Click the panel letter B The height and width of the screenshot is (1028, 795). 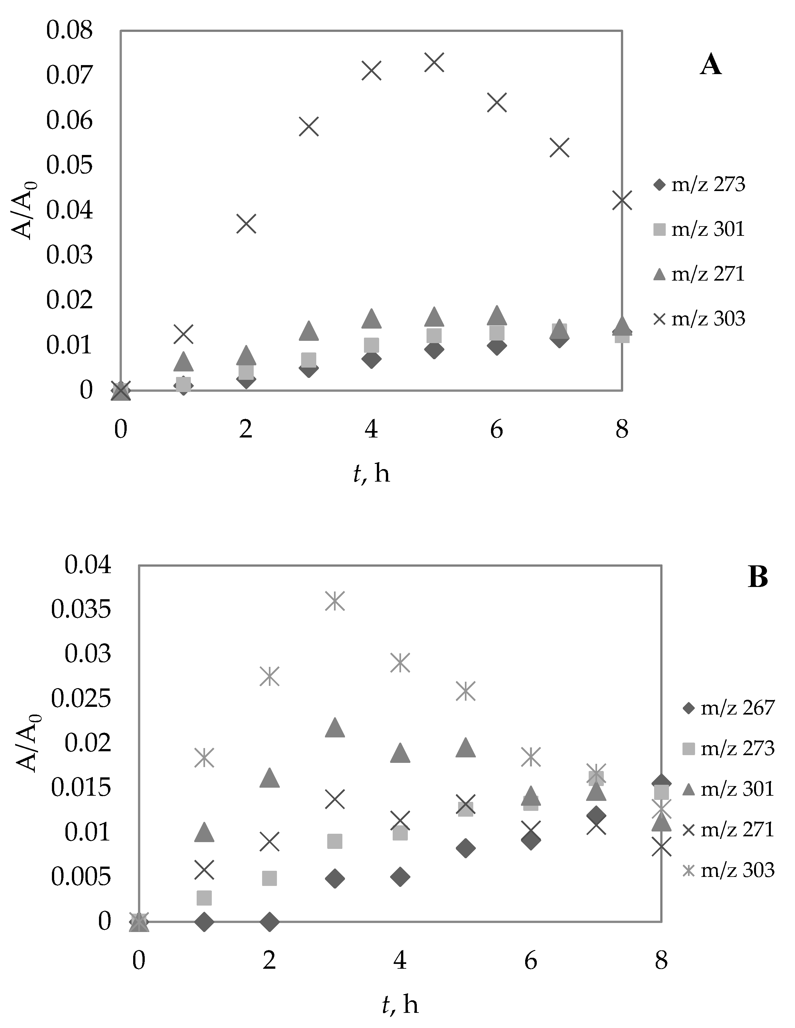coord(758,577)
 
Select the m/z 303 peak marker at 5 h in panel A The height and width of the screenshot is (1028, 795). coord(434,62)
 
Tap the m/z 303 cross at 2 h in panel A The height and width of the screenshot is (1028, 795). coord(246,224)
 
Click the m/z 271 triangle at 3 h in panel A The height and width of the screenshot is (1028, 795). coord(309,331)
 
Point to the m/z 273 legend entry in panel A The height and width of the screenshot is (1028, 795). coord(699,185)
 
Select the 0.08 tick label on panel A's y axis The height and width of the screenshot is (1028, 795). coord(70,31)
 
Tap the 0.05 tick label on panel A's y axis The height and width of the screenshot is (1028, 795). coord(70,166)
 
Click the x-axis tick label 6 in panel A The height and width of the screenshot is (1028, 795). coord(496,429)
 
